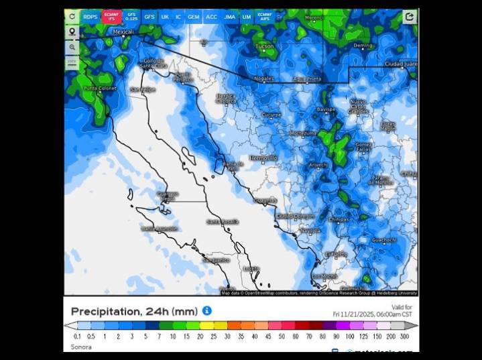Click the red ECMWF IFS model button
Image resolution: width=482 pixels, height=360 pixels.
point(111,16)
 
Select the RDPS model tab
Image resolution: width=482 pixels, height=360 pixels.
point(90,16)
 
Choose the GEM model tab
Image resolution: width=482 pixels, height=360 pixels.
point(193,16)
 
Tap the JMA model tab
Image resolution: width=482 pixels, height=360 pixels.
point(229,16)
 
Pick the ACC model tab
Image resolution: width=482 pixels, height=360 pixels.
point(211,16)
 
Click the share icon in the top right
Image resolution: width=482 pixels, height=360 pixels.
point(409,16)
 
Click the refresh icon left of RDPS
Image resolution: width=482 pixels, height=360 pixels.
point(72,16)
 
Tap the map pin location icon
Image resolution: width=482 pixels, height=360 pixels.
point(72,32)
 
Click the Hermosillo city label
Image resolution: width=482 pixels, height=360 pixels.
point(263,158)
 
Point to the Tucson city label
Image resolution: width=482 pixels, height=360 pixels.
point(265,46)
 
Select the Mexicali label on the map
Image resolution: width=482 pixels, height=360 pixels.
point(123,32)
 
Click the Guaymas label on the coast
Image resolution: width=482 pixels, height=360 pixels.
point(265,200)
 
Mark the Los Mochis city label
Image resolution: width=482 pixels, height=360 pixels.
point(325,276)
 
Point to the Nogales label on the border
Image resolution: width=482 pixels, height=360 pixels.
point(263,78)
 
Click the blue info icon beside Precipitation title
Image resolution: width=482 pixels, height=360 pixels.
point(207,311)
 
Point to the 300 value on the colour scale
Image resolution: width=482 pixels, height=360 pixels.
point(404,336)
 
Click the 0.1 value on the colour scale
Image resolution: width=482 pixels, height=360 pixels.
point(78,336)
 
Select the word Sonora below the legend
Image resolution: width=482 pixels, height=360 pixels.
point(81,347)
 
